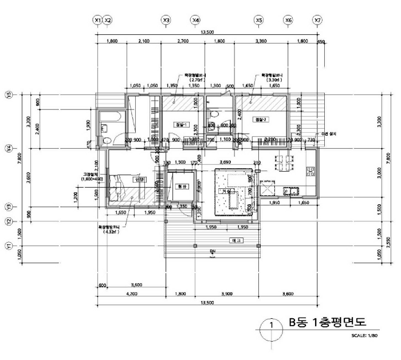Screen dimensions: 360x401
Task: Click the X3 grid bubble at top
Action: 166,20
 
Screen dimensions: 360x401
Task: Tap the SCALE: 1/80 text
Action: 367,335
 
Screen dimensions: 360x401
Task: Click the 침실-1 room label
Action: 180,124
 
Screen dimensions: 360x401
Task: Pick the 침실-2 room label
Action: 261,120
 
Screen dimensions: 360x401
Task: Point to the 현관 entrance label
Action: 182,187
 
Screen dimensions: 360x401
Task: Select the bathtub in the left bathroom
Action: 108,118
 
